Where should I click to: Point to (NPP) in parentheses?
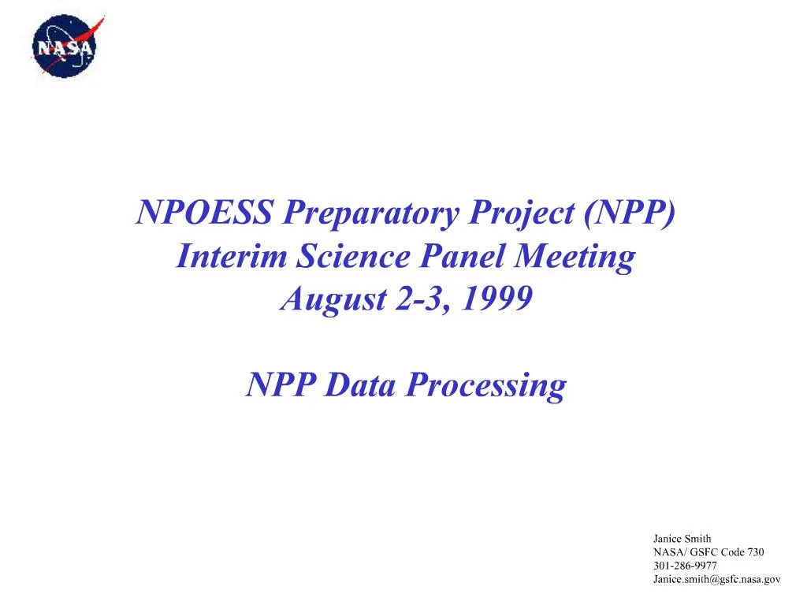click(x=630, y=213)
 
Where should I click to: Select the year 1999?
click(x=496, y=299)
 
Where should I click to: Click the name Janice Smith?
click(x=682, y=539)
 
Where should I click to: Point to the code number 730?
click(x=755, y=552)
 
